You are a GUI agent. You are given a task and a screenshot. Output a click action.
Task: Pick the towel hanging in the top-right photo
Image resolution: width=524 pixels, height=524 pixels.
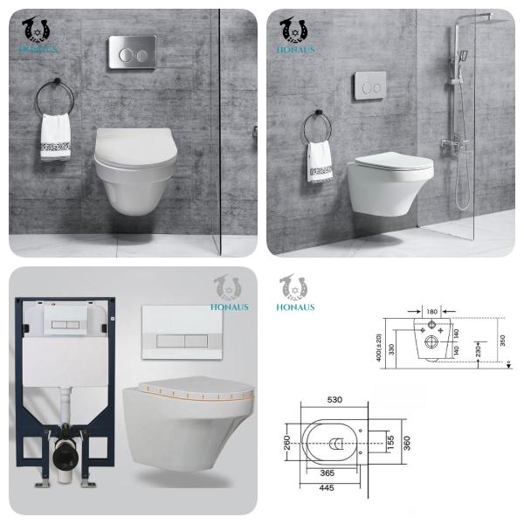point(320,162)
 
